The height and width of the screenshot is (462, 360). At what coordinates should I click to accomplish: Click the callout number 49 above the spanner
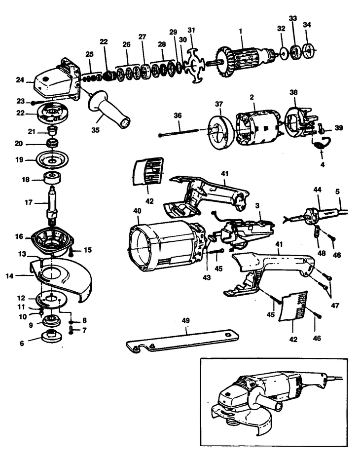pyautogui.click(x=185, y=320)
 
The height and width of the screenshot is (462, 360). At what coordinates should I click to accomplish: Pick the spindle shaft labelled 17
pyautogui.click(x=51, y=212)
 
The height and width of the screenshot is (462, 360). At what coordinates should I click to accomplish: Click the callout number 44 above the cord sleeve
pyautogui.click(x=317, y=190)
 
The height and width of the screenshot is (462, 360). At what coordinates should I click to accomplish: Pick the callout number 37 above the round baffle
pyautogui.click(x=219, y=104)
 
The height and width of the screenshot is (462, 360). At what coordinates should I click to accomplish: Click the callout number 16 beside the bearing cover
pyautogui.click(x=19, y=237)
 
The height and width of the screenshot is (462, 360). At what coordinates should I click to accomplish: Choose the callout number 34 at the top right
pyautogui.click(x=307, y=24)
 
